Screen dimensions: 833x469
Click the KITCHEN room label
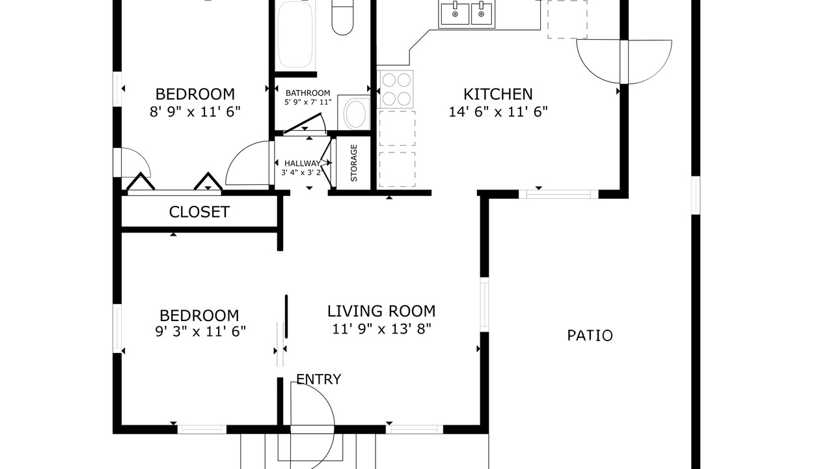point(498,94)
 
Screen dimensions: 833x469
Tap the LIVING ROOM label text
point(381,311)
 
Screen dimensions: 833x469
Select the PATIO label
point(590,335)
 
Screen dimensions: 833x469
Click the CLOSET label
point(199,212)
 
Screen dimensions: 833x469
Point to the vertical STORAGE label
point(354,163)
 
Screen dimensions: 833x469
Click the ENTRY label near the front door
point(319,379)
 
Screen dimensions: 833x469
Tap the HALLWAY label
point(302,163)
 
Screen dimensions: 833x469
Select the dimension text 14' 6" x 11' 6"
point(498,111)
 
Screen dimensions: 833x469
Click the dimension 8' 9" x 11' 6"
point(195,111)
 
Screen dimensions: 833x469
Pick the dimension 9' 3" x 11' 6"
point(200,332)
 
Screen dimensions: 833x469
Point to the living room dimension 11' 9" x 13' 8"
point(381,329)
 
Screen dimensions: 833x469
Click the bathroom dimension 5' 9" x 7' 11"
point(308,102)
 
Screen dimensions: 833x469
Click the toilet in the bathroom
point(342,18)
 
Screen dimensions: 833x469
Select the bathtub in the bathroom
point(295,35)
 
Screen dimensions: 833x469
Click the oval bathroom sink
point(356,113)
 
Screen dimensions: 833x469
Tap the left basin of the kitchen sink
point(454,14)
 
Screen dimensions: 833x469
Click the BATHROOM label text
point(308,93)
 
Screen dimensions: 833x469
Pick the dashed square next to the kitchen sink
point(567,20)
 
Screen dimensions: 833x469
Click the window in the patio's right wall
point(696,195)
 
